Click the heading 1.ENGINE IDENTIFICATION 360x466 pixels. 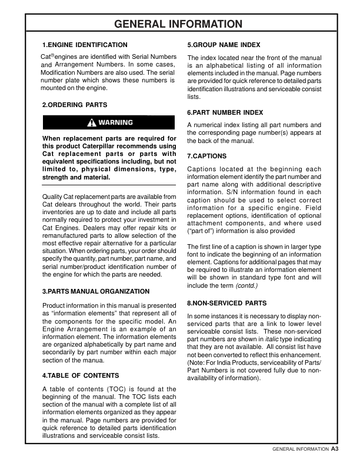(85, 45)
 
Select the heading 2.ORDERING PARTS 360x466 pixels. (75, 105)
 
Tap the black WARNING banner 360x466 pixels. (109, 122)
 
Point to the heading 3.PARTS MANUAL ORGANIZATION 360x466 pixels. (96, 291)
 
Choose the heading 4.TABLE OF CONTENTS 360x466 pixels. (81, 375)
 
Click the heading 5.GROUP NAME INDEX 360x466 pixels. (224, 45)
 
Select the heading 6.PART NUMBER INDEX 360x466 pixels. (225, 112)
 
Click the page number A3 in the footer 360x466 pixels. (335, 449)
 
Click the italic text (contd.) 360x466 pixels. (247, 285)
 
